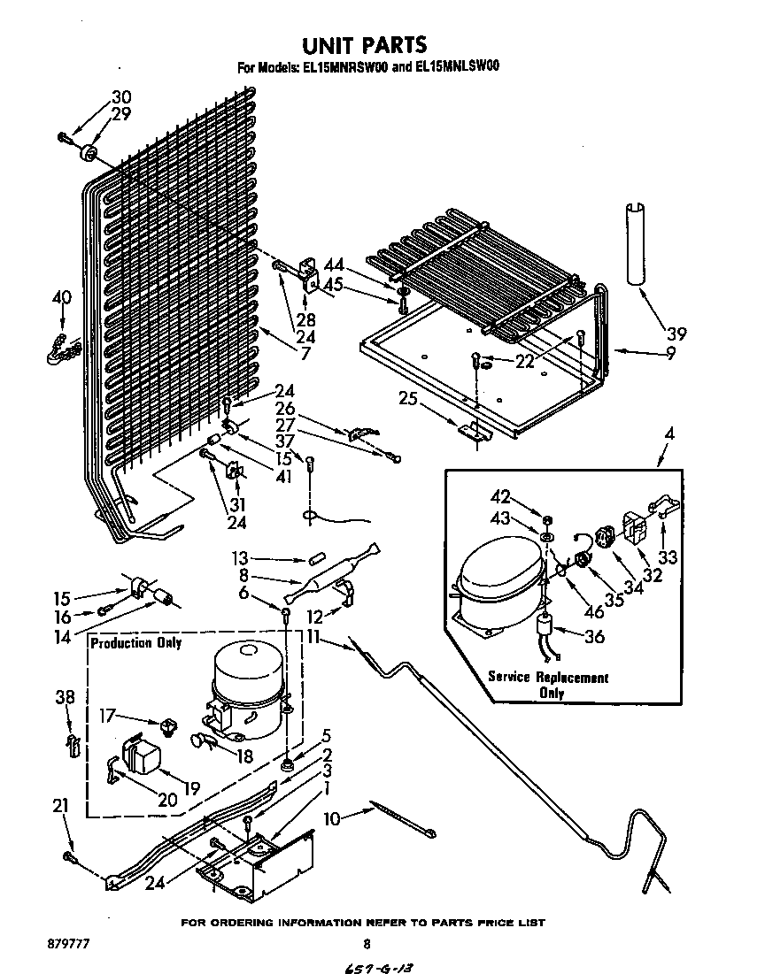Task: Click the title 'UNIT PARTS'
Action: pos(364,44)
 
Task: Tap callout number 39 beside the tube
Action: pos(676,334)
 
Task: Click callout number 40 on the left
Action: pos(61,298)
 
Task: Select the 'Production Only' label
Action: pos(135,643)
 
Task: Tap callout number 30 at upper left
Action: pos(121,97)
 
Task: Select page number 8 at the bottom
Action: pos(365,944)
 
